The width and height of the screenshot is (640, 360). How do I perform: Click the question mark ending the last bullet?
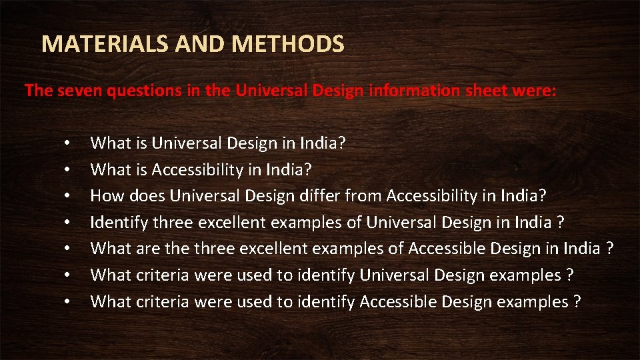pyautogui.click(x=577, y=302)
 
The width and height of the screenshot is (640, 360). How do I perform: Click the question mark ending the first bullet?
pyautogui.click(x=341, y=143)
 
